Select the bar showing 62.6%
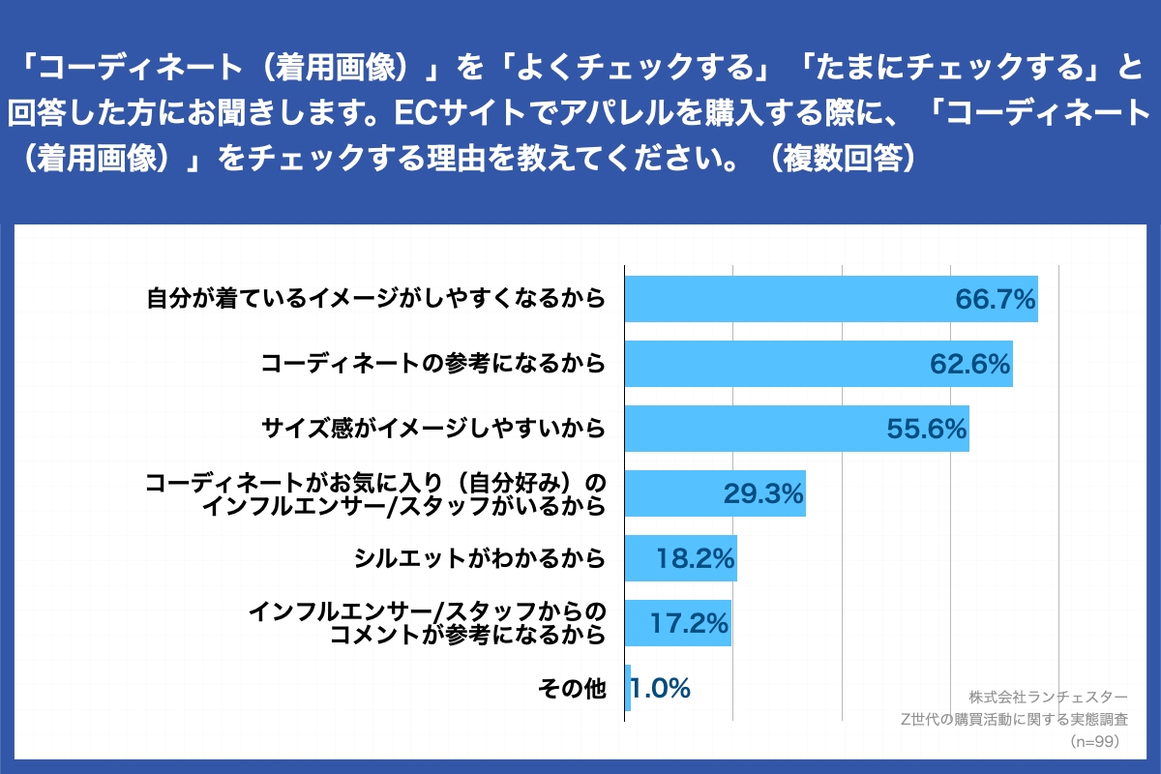(774, 364)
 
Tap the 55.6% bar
(755, 429)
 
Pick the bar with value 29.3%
(677, 493)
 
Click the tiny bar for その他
(628, 688)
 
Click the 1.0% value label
(662, 688)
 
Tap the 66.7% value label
(996, 299)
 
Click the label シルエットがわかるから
(480, 558)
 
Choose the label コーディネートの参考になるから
(433, 364)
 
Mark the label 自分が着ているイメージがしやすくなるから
(376, 299)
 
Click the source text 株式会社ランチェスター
(1048, 697)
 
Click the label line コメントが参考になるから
(467, 635)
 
